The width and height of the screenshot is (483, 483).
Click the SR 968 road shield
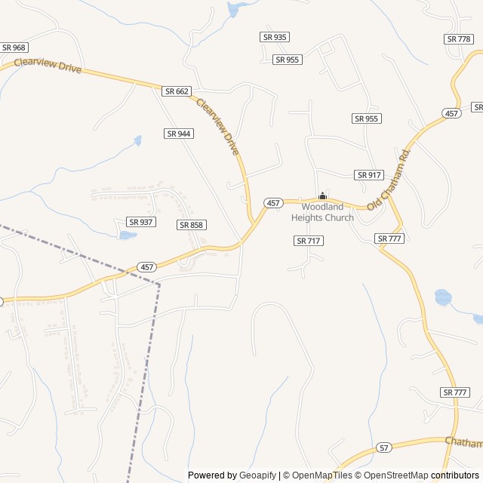[14, 48]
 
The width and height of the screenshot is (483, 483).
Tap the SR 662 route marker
[177, 91]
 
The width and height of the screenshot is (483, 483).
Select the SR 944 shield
[179, 134]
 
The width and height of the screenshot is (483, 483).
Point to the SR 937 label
[141, 222]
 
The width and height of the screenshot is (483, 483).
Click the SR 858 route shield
[192, 225]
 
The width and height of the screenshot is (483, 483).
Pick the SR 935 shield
[275, 37]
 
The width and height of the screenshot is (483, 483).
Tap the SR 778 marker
[459, 38]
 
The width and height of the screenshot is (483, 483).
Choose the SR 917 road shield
[369, 175]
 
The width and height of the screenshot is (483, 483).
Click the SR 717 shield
[309, 241]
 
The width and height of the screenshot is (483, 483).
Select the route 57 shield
[385, 447]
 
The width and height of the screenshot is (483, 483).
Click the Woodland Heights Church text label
[322, 212]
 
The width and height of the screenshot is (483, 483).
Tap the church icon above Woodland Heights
[322, 196]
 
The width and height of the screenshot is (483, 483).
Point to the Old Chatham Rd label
[389, 180]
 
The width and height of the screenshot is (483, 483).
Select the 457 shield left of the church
[273, 203]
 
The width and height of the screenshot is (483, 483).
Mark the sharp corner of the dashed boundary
[159, 285]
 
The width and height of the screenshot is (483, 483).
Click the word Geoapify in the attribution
[258, 475]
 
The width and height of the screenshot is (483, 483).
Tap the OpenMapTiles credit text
[322, 475]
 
